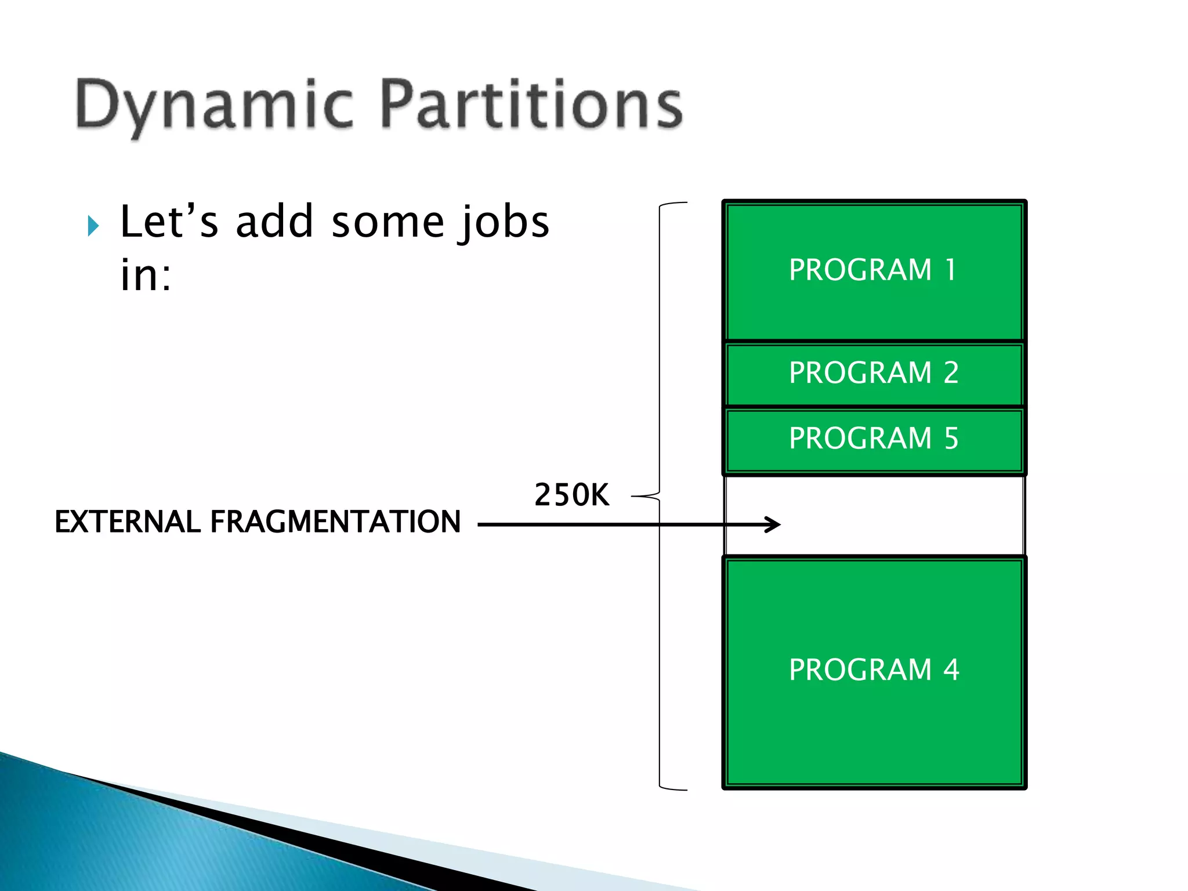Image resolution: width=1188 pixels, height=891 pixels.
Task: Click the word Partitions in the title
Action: (x=531, y=104)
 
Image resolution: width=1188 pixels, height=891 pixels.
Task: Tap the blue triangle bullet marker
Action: (x=93, y=226)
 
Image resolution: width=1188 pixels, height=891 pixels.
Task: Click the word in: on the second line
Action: (x=146, y=276)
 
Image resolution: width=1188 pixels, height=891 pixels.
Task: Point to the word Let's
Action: (x=169, y=222)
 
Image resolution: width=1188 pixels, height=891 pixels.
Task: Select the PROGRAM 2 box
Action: (x=874, y=373)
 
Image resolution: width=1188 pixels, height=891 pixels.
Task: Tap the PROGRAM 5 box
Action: (x=874, y=439)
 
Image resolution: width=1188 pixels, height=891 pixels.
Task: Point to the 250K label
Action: (x=571, y=495)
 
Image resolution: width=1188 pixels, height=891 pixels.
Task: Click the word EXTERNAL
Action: (x=128, y=521)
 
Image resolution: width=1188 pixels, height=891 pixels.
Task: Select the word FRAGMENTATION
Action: (x=335, y=521)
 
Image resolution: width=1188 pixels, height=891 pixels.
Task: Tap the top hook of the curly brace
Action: (x=673, y=204)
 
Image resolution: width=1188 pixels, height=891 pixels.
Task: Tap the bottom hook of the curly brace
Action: (x=673, y=788)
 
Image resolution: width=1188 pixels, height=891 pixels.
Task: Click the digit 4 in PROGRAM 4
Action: (x=951, y=670)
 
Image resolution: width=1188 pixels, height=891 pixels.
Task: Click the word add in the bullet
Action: (x=274, y=222)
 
